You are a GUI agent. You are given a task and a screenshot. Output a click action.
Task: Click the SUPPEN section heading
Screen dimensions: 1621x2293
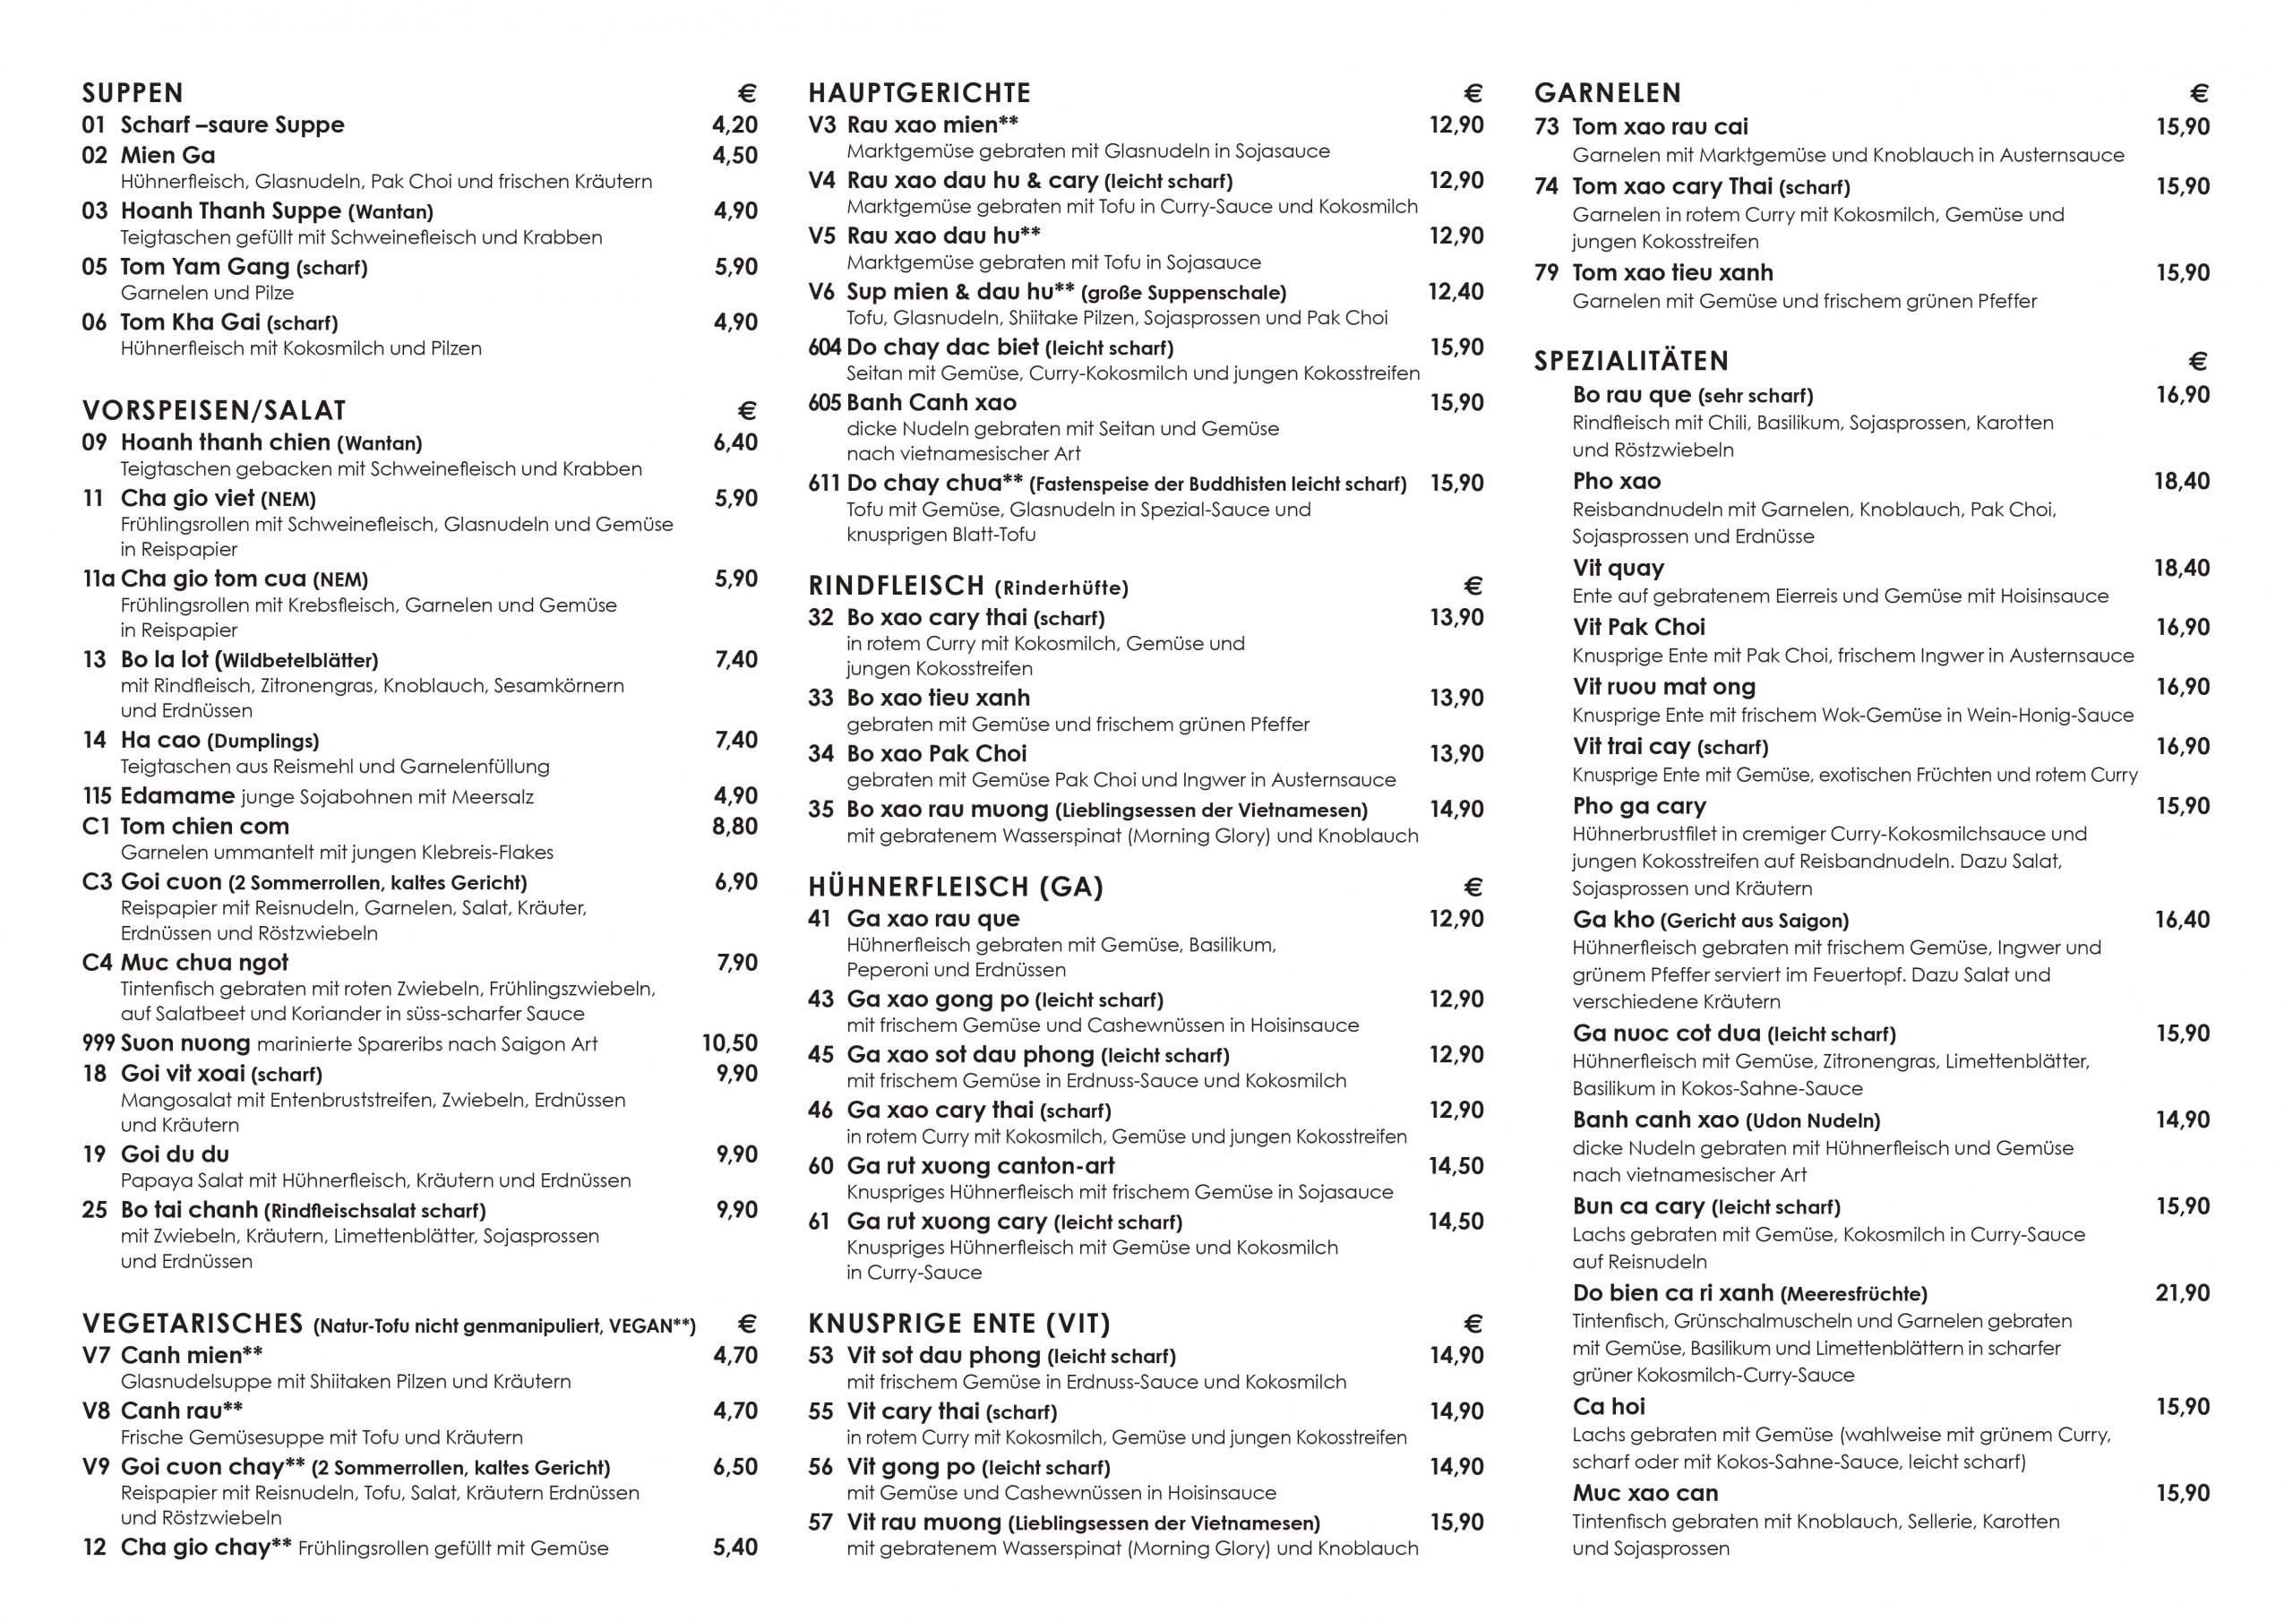[x=133, y=93]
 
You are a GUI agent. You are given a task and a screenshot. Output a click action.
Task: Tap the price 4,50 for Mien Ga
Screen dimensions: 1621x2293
[x=735, y=155]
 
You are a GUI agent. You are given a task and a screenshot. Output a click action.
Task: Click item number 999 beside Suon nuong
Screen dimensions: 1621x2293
[x=99, y=1043]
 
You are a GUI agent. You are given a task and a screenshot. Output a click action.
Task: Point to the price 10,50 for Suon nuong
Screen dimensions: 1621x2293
[x=730, y=1042]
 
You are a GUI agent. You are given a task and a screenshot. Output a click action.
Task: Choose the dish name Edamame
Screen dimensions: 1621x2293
[x=177, y=796]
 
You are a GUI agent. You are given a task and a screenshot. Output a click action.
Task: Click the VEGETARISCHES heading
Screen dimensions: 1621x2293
[x=193, y=1325]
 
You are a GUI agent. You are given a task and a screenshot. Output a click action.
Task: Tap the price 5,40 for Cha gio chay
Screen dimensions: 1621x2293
[x=735, y=1547]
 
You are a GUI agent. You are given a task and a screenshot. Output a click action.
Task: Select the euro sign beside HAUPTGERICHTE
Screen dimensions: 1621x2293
[x=1473, y=93]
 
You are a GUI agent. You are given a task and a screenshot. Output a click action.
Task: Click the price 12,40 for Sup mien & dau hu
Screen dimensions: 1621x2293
[x=1456, y=292]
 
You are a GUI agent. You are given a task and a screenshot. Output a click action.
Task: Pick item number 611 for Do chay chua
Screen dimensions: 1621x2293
[x=824, y=484]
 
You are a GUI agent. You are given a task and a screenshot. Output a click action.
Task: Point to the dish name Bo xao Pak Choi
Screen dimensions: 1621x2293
[x=937, y=753]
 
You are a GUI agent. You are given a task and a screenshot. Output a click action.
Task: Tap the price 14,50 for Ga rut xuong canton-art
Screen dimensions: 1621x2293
[x=1456, y=1165]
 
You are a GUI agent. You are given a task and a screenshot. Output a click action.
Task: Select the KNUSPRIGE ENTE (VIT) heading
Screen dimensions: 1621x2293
[x=958, y=1325]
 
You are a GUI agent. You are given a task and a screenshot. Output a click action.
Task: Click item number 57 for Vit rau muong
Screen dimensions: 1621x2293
[x=820, y=1522]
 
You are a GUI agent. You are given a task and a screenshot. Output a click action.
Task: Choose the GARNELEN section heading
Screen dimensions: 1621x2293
[x=1608, y=93]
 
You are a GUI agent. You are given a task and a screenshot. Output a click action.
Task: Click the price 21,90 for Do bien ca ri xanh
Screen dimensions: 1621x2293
[x=2182, y=1292]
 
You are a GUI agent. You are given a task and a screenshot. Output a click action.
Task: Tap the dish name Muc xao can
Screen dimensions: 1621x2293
[x=1645, y=1493]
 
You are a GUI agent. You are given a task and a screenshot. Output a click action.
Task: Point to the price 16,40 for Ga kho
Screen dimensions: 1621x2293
[x=2182, y=919]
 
